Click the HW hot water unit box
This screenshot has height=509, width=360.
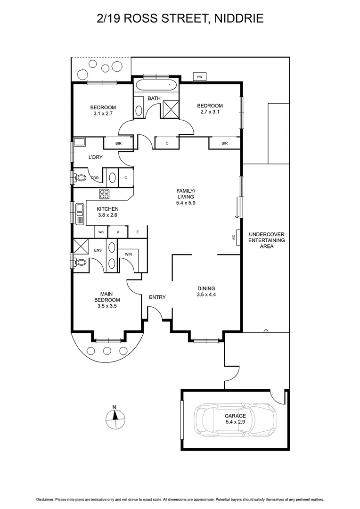[x=199, y=76]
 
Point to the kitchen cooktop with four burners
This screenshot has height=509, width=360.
[x=104, y=193]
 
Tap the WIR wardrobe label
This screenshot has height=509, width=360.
[x=128, y=254]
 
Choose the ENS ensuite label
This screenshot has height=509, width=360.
[x=98, y=251]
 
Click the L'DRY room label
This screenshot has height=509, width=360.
[x=96, y=157]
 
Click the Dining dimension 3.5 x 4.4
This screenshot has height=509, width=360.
[x=206, y=295]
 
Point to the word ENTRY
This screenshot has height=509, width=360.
[x=157, y=297]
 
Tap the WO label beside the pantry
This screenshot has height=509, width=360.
[x=101, y=232]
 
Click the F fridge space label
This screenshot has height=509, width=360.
[x=138, y=232]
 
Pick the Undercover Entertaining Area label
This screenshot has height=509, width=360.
[x=267, y=240]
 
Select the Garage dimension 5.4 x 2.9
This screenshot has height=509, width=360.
[x=235, y=422]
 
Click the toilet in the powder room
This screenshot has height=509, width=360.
[x=81, y=178]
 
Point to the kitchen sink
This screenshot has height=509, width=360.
[x=79, y=214]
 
